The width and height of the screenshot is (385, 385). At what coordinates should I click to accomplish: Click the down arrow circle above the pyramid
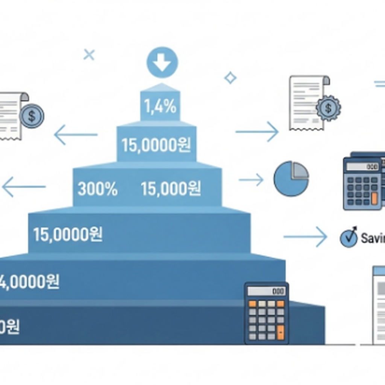pos(162,62)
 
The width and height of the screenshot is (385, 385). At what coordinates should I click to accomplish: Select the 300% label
pos(97,189)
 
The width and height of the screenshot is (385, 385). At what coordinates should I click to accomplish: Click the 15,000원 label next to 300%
pos(171,189)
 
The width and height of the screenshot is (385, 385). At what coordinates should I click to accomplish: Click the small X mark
pos(89,55)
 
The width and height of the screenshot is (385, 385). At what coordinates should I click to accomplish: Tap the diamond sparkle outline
pos(230,78)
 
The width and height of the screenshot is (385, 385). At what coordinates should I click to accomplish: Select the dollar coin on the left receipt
pos(32,116)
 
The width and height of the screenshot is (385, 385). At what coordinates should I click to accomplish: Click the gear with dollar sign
pos(328,108)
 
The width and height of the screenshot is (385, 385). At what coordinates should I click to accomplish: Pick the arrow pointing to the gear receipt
pos(257,132)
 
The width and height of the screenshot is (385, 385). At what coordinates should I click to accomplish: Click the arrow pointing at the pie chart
pos(251,180)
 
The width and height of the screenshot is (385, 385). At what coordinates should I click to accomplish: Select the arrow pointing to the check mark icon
pos(305,236)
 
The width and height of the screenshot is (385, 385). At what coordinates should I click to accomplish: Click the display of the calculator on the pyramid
pos(267,291)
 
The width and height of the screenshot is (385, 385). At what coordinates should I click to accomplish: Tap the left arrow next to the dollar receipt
pos(76,135)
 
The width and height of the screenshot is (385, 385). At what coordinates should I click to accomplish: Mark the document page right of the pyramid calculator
pos(379,305)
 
